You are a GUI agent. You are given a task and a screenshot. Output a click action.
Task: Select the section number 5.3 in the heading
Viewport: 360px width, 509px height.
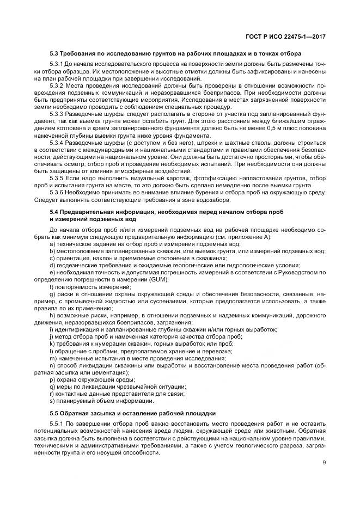pos(54,54)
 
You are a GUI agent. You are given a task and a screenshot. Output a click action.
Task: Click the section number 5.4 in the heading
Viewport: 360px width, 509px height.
pos(54,211)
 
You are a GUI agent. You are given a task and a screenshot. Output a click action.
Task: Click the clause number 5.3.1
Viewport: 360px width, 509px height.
pos(57,65)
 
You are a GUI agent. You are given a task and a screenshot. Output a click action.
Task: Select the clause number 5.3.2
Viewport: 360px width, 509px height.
pos(57,86)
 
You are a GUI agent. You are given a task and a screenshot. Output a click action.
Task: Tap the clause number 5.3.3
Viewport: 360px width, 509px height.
pos(57,114)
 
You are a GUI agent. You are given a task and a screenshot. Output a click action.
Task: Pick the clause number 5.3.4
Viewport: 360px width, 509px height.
pos(57,143)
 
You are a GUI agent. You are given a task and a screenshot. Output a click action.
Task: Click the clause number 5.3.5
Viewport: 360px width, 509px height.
pos(57,177)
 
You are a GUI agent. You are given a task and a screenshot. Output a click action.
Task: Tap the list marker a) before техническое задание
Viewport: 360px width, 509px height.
pos(52,244)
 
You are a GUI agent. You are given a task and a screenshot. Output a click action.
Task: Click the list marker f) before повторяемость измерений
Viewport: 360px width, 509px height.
pos(51,286)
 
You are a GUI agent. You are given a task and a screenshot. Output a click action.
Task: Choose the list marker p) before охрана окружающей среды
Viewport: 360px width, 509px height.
pos(52,378)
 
